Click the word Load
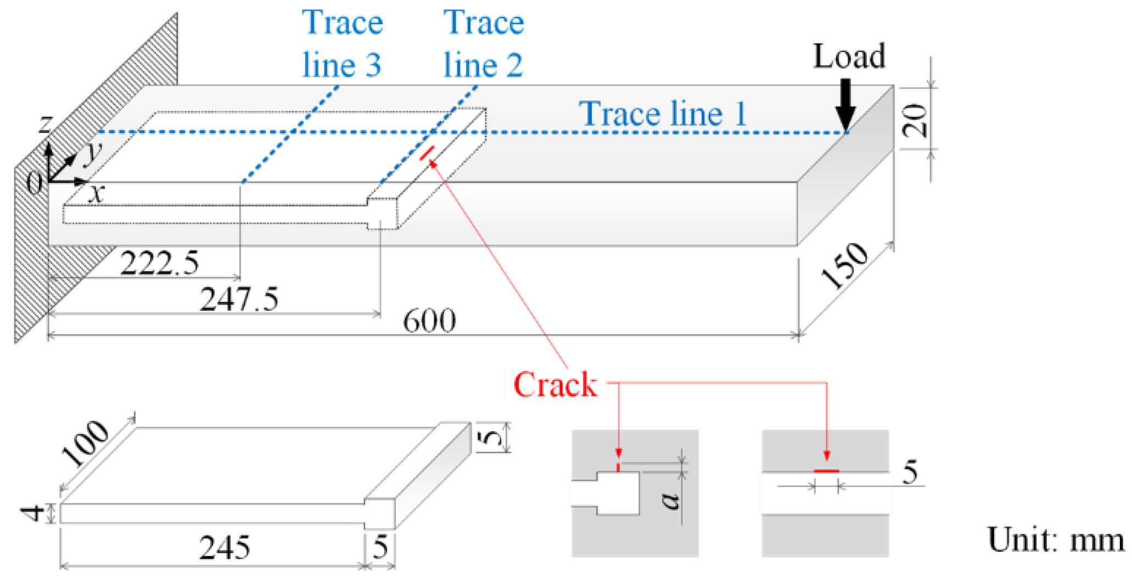[x=849, y=56]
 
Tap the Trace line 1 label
[x=663, y=114]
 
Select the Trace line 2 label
[x=483, y=44]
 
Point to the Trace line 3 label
[x=342, y=44]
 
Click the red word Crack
[x=554, y=384]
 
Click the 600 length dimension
[x=429, y=321]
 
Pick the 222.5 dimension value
[x=159, y=263]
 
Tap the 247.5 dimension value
[x=239, y=299]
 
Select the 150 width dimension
[x=844, y=265]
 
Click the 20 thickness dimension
[x=916, y=120]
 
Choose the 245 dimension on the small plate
[x=225, y=547]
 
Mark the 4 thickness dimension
[x=32, y=513]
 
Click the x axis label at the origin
[x=97, y=193]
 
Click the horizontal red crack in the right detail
[x=826, y=471]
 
